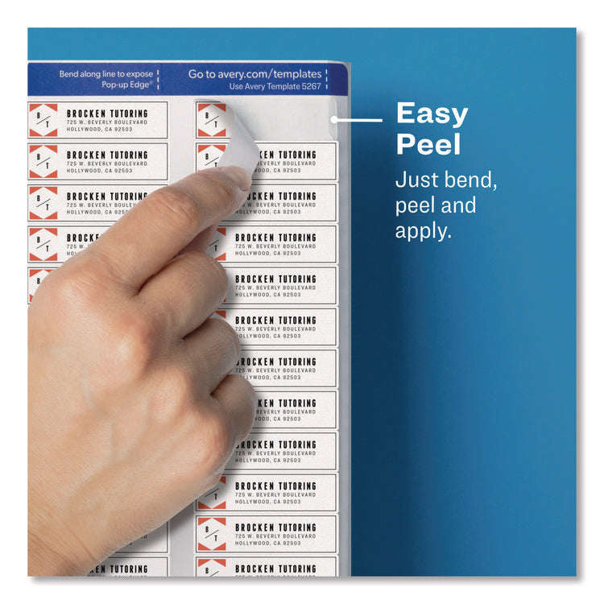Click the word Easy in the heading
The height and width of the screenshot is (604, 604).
point(432,114)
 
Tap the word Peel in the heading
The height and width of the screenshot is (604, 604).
point(428,145)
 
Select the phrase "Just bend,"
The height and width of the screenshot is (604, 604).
point(446,180)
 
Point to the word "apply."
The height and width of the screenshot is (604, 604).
point(423,231)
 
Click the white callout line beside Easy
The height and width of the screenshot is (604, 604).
point(359,121)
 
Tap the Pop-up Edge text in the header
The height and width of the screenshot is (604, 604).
point(129,84)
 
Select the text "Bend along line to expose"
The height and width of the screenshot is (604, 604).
point(105,74)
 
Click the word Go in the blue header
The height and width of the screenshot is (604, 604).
point(196,74)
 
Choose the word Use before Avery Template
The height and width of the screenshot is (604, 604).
point(236,86)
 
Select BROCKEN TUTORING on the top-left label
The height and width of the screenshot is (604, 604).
point(107,114)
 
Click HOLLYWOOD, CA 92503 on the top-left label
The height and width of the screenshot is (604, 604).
point(99,130)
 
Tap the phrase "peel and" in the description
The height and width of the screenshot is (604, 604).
point(435,205)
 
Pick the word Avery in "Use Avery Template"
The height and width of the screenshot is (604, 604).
point(254,86)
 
